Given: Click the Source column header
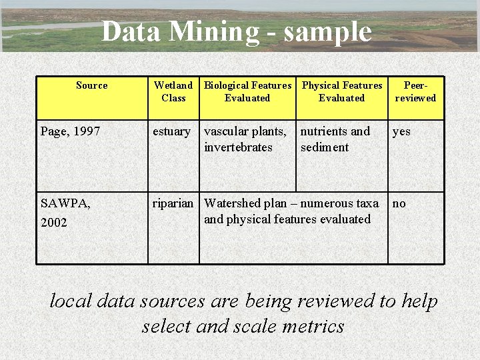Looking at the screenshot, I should pyautogui.click(x=91, y=85).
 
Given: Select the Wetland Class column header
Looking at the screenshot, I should pyautogui.click(x=173, y=91).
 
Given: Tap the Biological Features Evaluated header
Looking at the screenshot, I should pyautogui.click(x=247, y=91).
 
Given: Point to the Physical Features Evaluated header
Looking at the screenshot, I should pyautogui.click(x=342, y=91).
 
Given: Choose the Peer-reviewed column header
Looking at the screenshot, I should pyautogui.click(x=415, y=91).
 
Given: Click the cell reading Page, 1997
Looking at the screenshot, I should pyautogui.click(x=70, y=131).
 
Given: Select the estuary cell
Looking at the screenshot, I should pyautogui.click(x=171, y=131).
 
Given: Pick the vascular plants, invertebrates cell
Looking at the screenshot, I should pyautogui.click(x=245, y=139).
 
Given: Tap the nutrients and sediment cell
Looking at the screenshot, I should pyautogui.click(x=335, y=139).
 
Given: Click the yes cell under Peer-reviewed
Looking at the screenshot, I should pyautogui.click(x=401, y=132).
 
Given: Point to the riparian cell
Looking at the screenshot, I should pyautogui.click(x=173, y=203).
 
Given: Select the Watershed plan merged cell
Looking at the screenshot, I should pyautogui.click(x=291, y=211).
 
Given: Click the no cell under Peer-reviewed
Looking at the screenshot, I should pyautogui.click(x=399, y=203).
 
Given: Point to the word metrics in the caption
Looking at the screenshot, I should pyautogui.click(x=312, y=326).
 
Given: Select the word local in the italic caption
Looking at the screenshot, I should pyautogui.click(x=71, y=301).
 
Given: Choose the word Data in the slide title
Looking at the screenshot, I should pyautogui.click(x=132, y=31).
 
